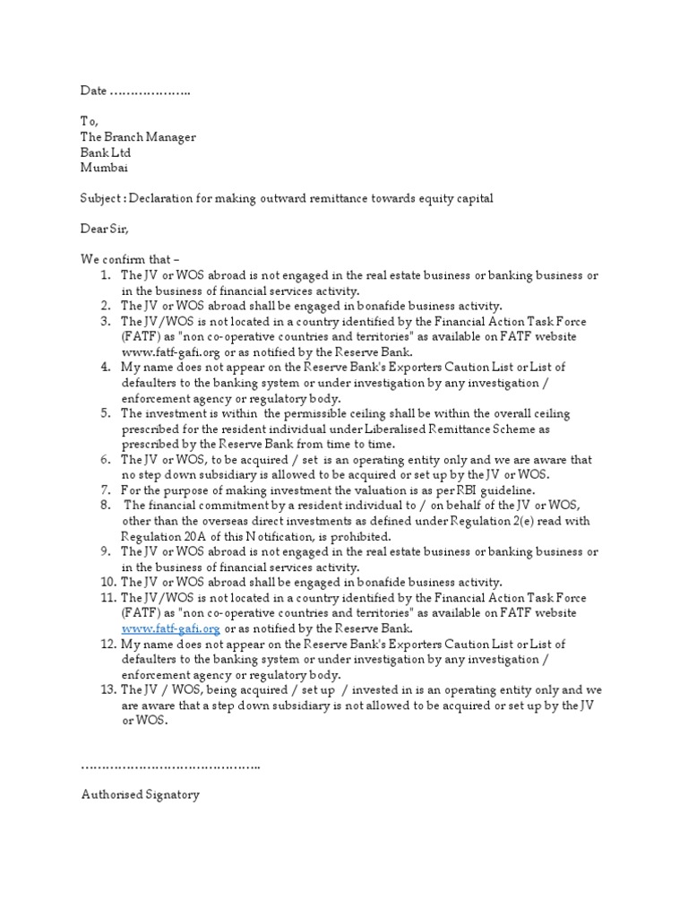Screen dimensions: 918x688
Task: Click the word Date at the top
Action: [x=93, y=91]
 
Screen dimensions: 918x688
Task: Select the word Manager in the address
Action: [x=168, y=137]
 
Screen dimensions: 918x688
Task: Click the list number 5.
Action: [x=106, y=413]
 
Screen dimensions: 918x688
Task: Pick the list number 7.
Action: [x=106, y=489]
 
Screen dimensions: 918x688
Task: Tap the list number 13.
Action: [x=107, y=689]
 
